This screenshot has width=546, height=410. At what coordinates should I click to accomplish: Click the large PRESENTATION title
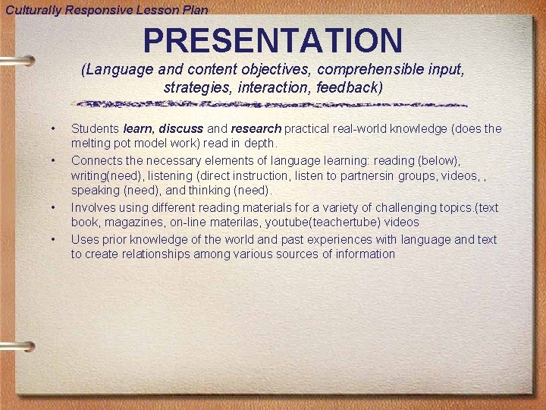pyautogui.click(x=273, y=40)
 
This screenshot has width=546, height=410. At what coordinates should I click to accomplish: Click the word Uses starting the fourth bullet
pyautogui.click(x=84, y=239)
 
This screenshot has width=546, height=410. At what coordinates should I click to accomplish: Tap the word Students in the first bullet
pyautogui.click(x=96, y=129)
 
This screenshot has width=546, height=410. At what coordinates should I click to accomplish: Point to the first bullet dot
pyautogui.click(x=53, y=128)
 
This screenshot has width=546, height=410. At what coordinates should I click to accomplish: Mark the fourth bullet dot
pyautogui.click(x=53, y=239)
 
